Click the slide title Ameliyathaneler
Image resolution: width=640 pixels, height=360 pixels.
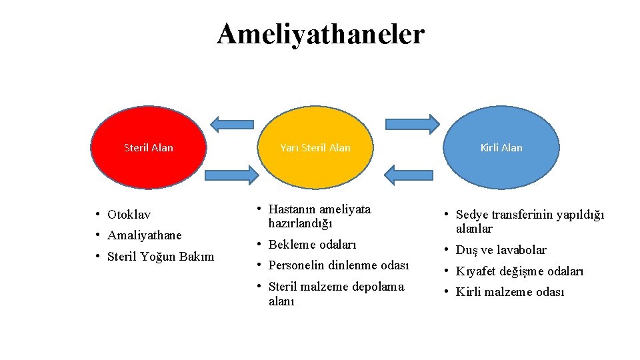[x=320, y=34]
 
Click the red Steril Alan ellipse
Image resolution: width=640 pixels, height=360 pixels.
[x=148, y=148]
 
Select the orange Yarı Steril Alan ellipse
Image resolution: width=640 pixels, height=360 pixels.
[x=315, y=148]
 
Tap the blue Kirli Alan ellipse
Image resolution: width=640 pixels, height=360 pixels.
[x=501, y=148]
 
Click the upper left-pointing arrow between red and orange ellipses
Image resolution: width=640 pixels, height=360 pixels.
[x=232, y=123]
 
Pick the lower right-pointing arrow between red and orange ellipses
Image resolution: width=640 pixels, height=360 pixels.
[x=231, y=175]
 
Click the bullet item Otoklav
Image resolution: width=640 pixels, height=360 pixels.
[x=129, y=215]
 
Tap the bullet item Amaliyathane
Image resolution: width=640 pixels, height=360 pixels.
[x=144, y=235]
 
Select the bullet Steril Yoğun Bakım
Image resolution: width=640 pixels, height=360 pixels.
[x=161, y=256]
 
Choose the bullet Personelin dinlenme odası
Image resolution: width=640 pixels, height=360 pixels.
[x=338, y=265]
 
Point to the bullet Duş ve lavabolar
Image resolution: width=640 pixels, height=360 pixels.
[x=501, y=250]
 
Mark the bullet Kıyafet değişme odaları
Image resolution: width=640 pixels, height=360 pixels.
[x=519, y=271]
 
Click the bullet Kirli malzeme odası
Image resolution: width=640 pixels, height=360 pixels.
[x=510, y=292]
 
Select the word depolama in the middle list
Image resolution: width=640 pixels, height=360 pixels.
[x=380, y=287]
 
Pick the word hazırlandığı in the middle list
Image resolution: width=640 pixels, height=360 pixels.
[x=300, y=223]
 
